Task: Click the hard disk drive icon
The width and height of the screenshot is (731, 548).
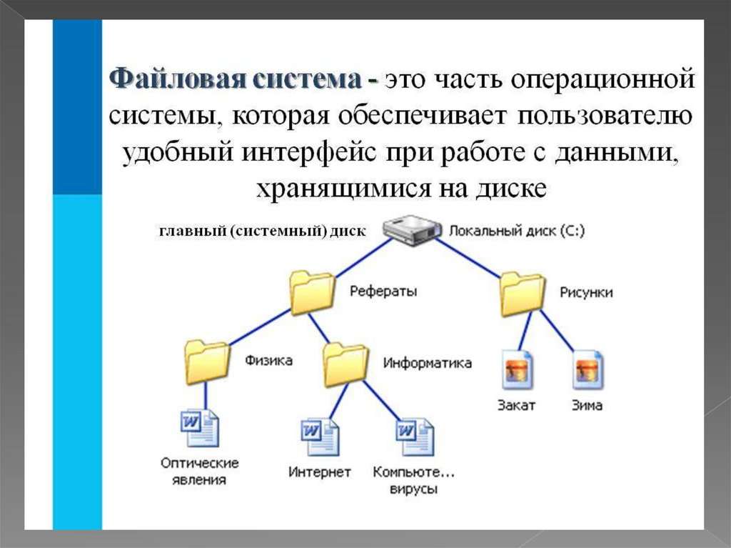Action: coord(412,230)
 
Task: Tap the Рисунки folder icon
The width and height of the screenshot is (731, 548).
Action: coord(523,294)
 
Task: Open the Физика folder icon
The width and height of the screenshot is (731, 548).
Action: coord(207,362)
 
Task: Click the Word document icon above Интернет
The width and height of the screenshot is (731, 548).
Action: coord(320,437)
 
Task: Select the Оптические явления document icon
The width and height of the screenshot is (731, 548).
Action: coord(200,427)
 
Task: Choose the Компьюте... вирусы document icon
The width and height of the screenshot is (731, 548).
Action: coord(415,437)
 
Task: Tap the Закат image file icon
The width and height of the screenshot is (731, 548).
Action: coord(517,369)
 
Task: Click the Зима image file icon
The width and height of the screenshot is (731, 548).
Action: coord(588,369)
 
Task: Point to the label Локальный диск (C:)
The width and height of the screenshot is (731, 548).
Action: coord(517,231)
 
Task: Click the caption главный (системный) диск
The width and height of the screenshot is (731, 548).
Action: coord(263,231)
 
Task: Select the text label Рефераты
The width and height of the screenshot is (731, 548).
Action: coord(383,292)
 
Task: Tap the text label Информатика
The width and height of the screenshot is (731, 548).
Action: coord(427,363)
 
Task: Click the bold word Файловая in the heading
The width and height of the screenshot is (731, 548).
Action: coord(177,79)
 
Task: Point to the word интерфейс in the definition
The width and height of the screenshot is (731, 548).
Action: coord(308,153)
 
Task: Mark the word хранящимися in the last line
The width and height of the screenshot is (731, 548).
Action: coord(343,189)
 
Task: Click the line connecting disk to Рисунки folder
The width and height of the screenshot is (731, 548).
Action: coord(469,258)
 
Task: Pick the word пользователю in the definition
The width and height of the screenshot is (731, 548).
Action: coord(605,116)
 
